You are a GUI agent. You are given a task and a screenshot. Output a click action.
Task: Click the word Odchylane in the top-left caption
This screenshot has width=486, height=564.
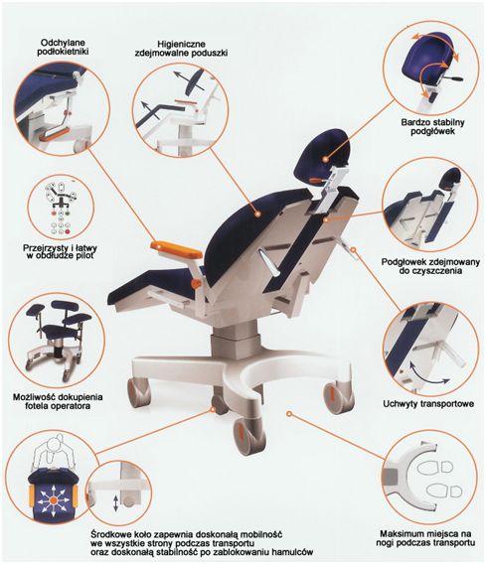coord(63,43)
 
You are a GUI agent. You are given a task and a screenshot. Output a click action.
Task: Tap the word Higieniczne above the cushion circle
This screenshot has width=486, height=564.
coord(182,44)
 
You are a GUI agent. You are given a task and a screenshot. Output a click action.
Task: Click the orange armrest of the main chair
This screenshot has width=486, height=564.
coord(176,250)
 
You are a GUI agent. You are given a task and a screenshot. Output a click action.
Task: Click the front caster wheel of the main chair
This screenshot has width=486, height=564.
coord(248,435)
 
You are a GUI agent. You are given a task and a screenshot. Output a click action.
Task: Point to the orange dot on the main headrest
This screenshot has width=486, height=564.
coord(325,158)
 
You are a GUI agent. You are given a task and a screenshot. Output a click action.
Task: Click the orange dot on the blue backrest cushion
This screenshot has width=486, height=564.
coord(257,214)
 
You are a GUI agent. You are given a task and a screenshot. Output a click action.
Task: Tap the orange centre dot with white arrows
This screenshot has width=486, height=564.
coord(53,499)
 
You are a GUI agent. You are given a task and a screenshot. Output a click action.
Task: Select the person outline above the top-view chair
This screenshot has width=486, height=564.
coord(54,454)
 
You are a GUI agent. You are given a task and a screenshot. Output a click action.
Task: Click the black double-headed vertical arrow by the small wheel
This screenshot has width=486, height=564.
coord(115,503)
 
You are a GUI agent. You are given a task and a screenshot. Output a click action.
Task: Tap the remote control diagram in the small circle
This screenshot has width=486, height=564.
coord(61,208)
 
